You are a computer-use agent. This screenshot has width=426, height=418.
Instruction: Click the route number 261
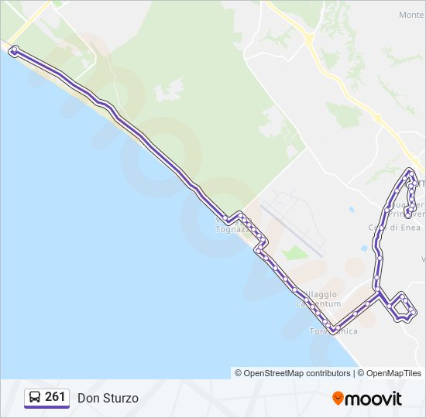55,397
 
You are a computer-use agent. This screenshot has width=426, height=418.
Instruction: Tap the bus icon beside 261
35,398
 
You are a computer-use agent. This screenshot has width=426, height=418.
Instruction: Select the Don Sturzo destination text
108,398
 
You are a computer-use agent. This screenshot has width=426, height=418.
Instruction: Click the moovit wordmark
374,399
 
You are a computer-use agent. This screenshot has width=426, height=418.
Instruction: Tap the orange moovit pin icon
338,398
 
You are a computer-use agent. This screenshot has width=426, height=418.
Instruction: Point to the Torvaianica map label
333,331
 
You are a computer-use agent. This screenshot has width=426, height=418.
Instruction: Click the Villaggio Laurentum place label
317,299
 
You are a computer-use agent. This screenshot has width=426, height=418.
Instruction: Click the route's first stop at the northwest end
13,50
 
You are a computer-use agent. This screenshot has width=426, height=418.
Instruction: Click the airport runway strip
292,230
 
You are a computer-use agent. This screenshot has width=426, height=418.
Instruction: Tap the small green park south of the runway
294,253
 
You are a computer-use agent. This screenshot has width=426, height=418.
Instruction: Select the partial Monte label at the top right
411,15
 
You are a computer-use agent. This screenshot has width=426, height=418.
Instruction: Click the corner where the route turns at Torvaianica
332,331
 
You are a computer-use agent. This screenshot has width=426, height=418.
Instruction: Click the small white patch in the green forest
169,91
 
